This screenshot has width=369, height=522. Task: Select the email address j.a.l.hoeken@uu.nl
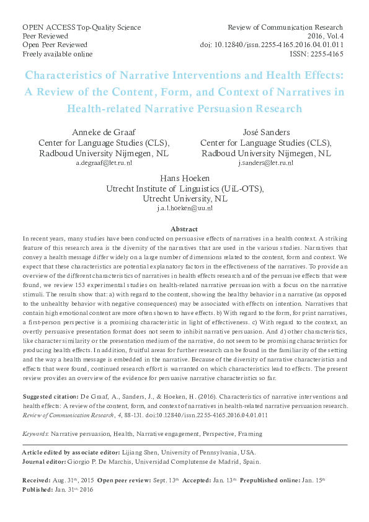point(185,209)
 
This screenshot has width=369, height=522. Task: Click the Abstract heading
point(184,228)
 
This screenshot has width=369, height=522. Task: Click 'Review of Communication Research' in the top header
point(285,27)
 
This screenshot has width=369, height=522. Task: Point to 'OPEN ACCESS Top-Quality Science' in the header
point(81,27)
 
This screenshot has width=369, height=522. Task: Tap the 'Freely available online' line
point(55,54)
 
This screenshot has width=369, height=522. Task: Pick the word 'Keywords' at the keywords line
point(35,434)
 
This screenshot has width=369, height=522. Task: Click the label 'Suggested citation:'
point(49,396)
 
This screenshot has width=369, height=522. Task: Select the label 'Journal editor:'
point(43,461)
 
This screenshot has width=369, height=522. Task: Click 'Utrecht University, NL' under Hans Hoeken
point(185,199)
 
